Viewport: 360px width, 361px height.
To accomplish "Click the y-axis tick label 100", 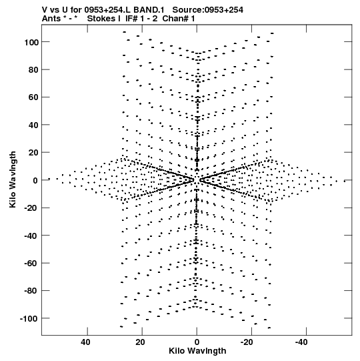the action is click(x=31, y=42).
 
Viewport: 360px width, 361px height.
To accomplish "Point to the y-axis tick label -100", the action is click(x=29, y=319).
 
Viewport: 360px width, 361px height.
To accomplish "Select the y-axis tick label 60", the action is click(x=33, y=97).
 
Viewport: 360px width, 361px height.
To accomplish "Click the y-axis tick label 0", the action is click(x=35, y=180).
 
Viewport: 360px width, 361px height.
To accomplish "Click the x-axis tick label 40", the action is click(x=85, y=342).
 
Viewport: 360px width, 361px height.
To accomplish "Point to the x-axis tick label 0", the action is click(x=197, y=342).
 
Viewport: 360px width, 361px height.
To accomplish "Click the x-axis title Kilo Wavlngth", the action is click(x=197, y=351).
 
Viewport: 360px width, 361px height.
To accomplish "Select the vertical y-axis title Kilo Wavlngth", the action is click(x=13, y=179).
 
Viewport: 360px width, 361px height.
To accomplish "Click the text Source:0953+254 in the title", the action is click(x=208, y=10).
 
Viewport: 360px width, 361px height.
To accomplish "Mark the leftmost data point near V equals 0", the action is click(x=49, y=179).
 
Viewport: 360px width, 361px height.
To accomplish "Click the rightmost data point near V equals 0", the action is click(x=345, y=182).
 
